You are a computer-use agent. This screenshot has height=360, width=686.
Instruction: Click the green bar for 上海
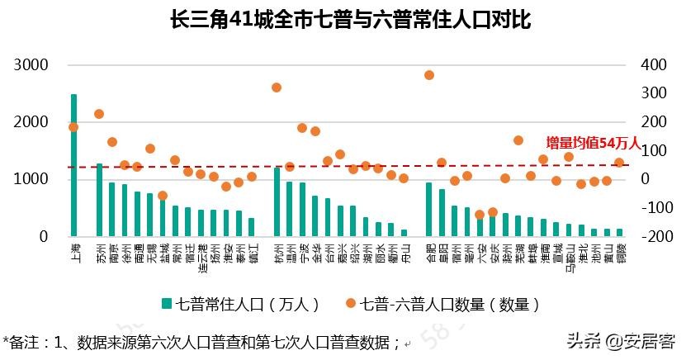(73, 165)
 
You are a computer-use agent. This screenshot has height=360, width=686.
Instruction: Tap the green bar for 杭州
(277, 201)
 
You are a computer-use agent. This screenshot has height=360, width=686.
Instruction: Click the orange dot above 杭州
(277, 88)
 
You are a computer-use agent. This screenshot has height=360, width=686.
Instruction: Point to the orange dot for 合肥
(429, 75)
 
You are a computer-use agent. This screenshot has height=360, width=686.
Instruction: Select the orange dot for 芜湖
(518, 140)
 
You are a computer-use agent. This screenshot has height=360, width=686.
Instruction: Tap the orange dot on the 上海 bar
(73, 127)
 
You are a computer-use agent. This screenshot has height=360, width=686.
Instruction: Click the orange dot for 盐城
(163, 196)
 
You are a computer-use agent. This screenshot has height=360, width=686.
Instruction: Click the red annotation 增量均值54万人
(592, 143)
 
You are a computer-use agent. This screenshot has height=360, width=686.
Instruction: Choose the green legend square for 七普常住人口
(166, 305)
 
